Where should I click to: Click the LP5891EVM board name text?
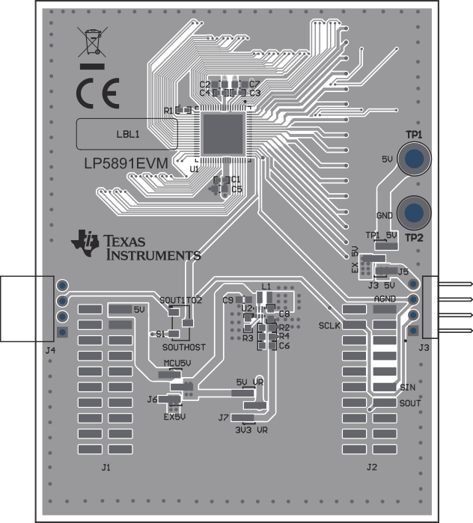coord(125,162)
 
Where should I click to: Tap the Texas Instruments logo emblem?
coord(85,243)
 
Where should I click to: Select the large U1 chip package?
coord(222,135)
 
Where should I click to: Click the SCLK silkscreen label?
coord(329,326)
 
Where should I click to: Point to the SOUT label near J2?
coord(410,403)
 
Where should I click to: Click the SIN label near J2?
coord(407,388)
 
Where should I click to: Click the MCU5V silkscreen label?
coord(178,364)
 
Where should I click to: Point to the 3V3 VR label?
coord(251,430)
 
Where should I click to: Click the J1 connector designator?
coord(106,468)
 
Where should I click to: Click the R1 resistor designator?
coord(168,111)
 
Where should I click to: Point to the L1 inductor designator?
coord(266,287)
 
